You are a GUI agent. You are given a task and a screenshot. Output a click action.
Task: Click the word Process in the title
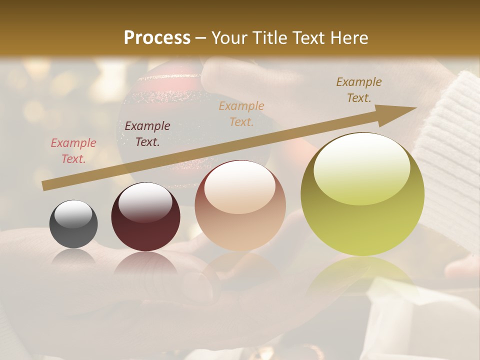coord(157,38)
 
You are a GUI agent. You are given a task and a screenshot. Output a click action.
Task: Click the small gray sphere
coord(73,224)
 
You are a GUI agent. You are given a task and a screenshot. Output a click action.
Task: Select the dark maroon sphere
coord(145,217)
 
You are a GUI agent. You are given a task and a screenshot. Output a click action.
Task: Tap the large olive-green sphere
coord(362,194)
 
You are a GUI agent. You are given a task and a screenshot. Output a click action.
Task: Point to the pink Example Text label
coord(73,150)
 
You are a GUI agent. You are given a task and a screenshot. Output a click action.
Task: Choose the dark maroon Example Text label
coord(147,133)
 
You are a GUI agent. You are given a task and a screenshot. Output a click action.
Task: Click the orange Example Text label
coord(241,113)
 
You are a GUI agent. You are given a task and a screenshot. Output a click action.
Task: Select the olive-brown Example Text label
coord(358,89)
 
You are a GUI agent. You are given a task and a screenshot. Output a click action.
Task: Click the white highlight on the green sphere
coord(361,167)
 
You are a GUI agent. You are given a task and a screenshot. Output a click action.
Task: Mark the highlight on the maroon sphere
coord(145,202)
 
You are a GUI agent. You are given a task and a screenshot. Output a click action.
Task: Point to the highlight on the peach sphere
coord(239,187)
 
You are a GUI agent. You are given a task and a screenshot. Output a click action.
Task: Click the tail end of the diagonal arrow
coord(46,186)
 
